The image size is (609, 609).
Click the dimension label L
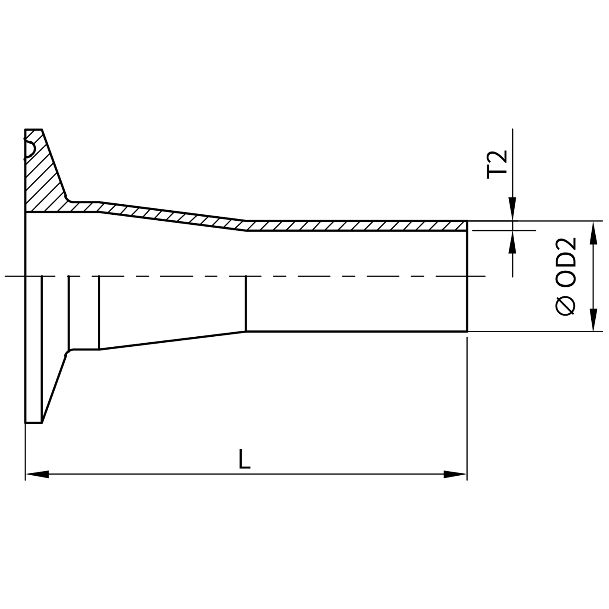244,460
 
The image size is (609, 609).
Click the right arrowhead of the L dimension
455,474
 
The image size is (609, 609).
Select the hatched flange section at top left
42,177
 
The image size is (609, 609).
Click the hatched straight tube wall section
354,226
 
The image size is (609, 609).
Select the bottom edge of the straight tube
354,331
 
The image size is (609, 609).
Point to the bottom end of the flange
33,423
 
